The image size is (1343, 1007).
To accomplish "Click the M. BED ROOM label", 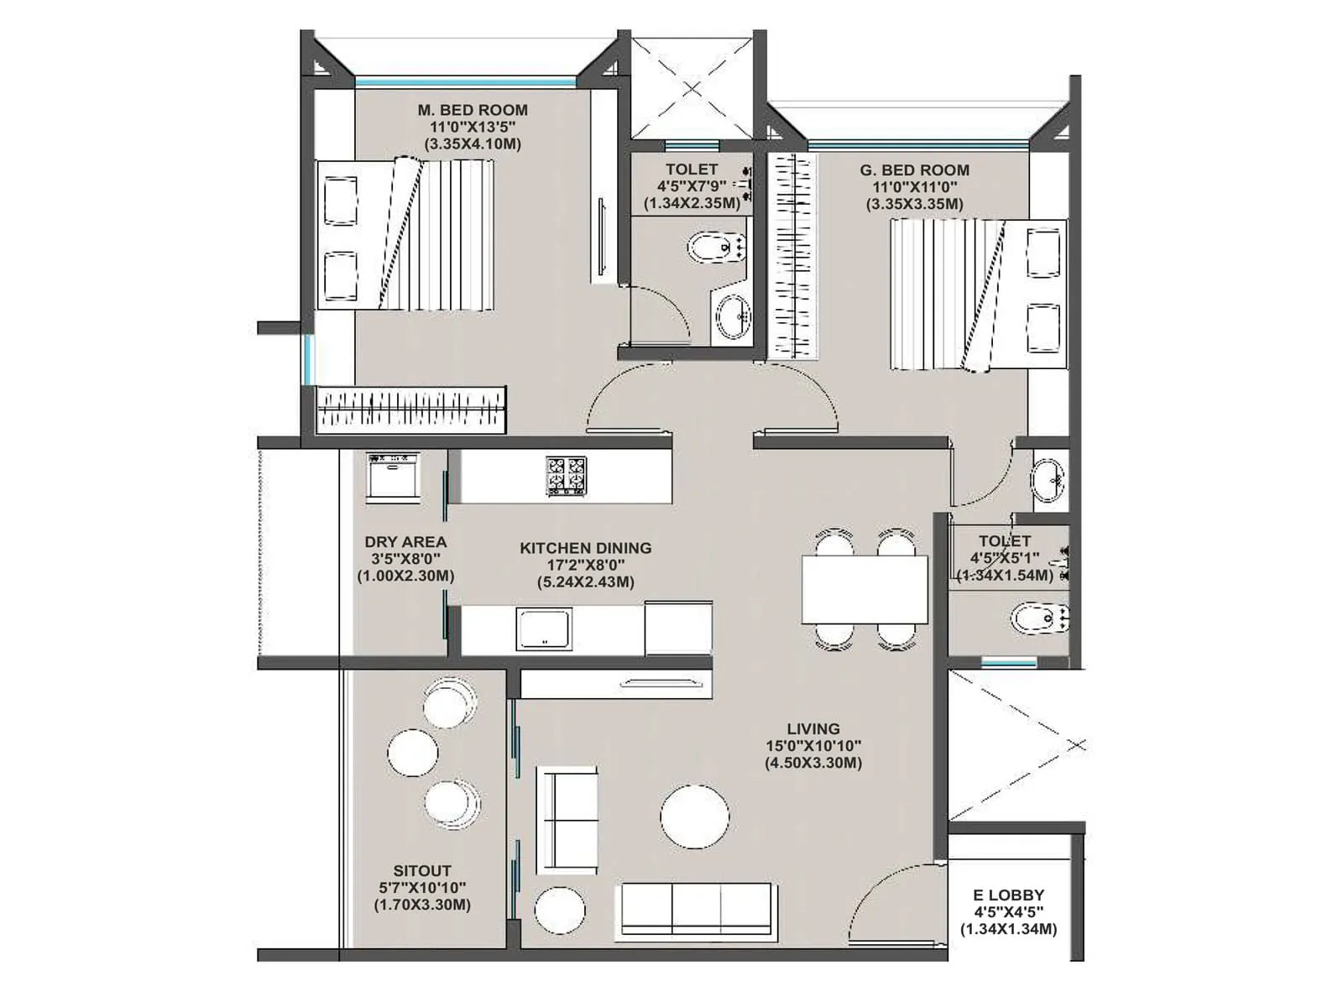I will coord(473,110).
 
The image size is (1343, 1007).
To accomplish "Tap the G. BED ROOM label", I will coord(914,170).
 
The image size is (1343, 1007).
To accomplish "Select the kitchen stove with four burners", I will coord(567,476).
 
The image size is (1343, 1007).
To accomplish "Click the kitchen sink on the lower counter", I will coord(544,629).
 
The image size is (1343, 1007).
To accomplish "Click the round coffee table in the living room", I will coord(694,817).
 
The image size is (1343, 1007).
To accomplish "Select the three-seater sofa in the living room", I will coord(696,910).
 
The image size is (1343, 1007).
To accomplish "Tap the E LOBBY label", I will coord(1008,895).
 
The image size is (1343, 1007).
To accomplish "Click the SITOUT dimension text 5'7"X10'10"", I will coord(422,888).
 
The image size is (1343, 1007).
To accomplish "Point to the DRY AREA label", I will coord(405,542).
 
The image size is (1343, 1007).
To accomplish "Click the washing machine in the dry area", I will coord(392,477).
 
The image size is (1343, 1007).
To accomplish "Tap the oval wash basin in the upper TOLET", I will coord(733,317).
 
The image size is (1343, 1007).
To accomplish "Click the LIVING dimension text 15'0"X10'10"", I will coord(813,746).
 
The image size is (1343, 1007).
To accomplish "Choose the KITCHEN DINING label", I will coord(585,548).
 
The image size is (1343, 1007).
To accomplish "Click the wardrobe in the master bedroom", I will coord(411,410).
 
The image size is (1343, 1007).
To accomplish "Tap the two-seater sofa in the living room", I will coord(567,820).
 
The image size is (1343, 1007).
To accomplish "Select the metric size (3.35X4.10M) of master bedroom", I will coord(473,144).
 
